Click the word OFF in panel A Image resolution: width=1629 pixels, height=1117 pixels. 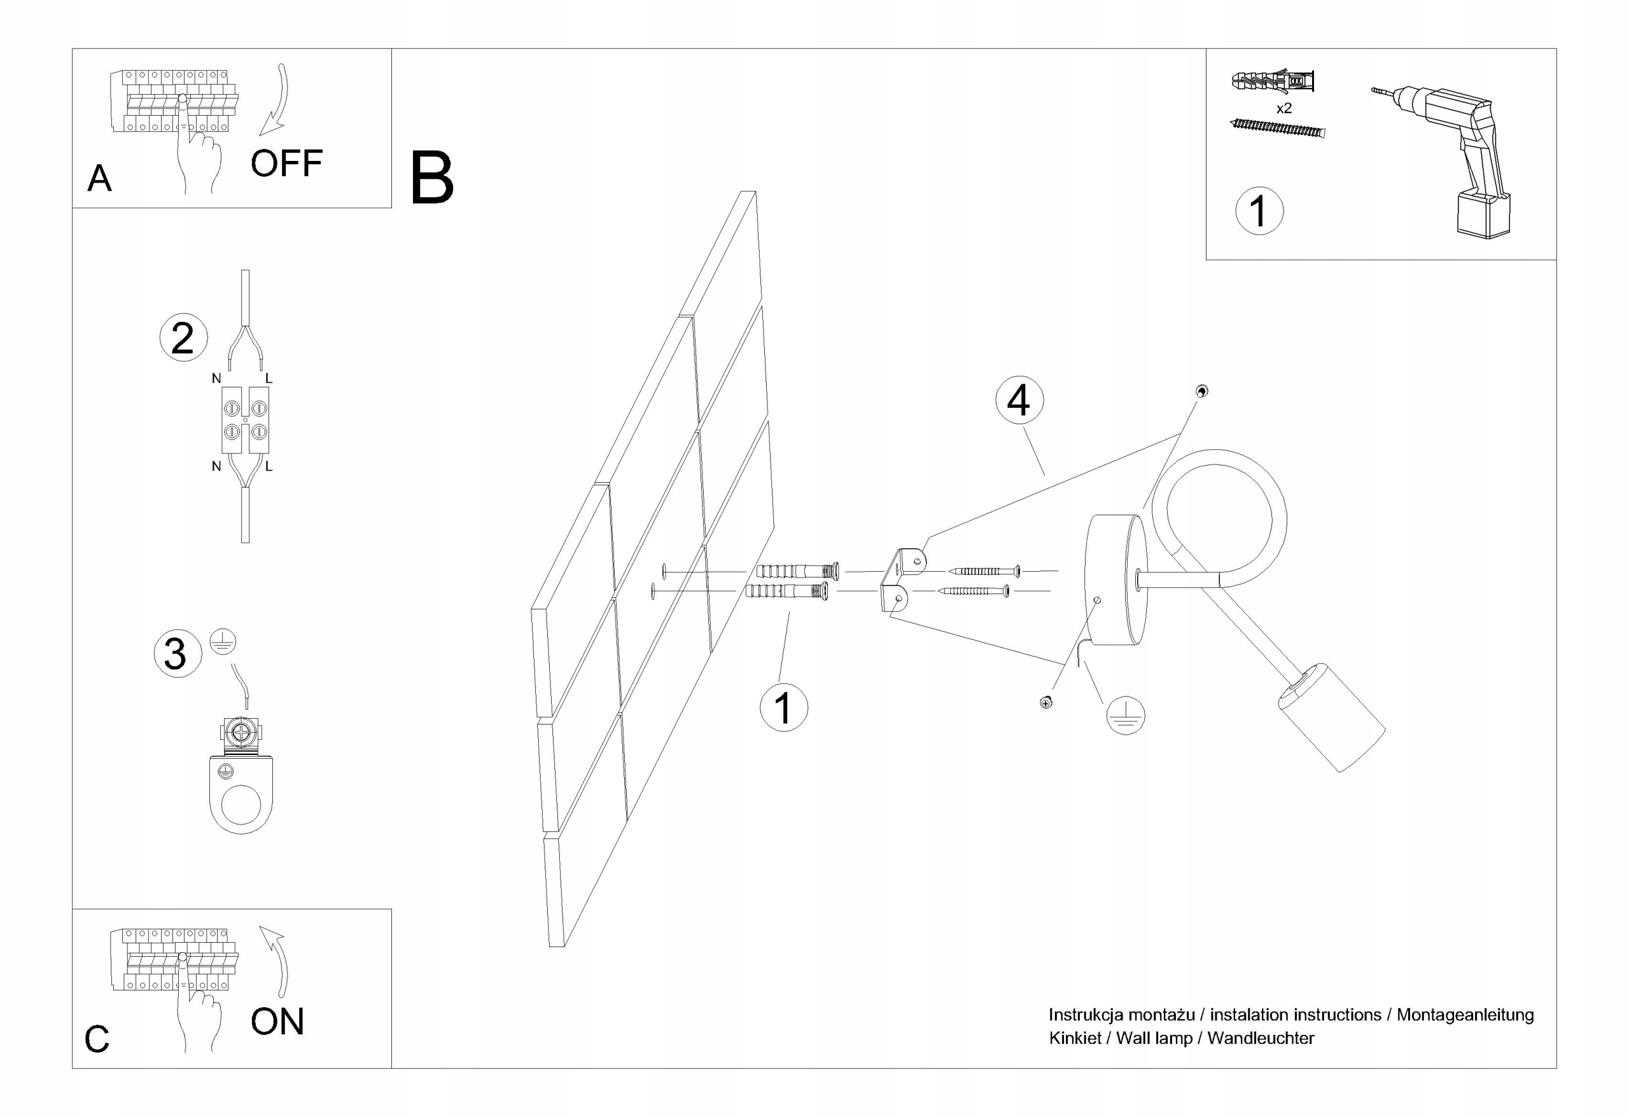click(286, 164)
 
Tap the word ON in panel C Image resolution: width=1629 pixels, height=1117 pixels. click(277, 1022)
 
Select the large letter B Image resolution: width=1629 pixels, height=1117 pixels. click(432, 179)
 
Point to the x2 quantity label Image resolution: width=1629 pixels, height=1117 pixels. click(1283, 109)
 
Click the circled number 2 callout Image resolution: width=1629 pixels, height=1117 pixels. click(183, 338)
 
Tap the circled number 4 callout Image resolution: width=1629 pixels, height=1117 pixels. click(1019, 400)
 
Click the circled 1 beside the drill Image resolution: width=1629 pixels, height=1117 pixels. click(1258, 211)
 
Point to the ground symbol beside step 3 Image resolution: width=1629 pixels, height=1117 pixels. click(223, 642)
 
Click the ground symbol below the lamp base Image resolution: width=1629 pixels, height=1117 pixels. click(1125, 716)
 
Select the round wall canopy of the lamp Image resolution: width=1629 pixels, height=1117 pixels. click(1114, 579)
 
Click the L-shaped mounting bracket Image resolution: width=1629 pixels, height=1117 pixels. click(900, 579)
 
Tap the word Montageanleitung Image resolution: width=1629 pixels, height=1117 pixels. click(1464, 1015)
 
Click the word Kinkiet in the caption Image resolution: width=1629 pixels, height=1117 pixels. click(1075, 1039)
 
